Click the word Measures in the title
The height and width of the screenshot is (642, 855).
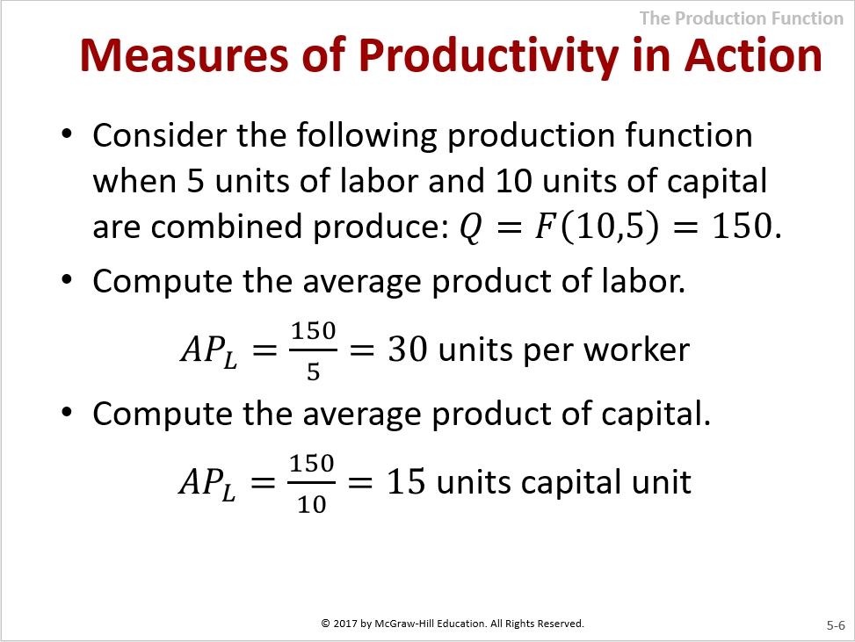pos(184,55)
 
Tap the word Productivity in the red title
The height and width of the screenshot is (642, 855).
pos(489,57)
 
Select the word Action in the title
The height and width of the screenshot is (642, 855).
pos(753,55)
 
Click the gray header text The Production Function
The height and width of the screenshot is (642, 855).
pos(742,18)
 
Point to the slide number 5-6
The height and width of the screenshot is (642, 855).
pos(836,625)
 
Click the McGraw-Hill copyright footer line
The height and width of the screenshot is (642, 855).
pos(453,623)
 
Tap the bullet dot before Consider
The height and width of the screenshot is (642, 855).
pos(67,134)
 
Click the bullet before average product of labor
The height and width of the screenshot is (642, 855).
pos(67,280)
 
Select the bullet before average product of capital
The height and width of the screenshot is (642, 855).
pos(67,413)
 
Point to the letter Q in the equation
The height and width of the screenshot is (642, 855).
pos(471,227)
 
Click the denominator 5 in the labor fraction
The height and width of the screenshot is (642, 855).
pos(313,371)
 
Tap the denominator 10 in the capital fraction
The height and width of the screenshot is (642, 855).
pos(312,504)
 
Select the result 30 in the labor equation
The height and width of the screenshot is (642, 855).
pos(408,350)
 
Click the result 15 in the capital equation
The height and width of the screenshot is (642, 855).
pos(406,482)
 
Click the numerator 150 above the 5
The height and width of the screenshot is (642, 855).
pos(314,330)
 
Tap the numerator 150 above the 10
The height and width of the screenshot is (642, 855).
pos(312,463)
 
